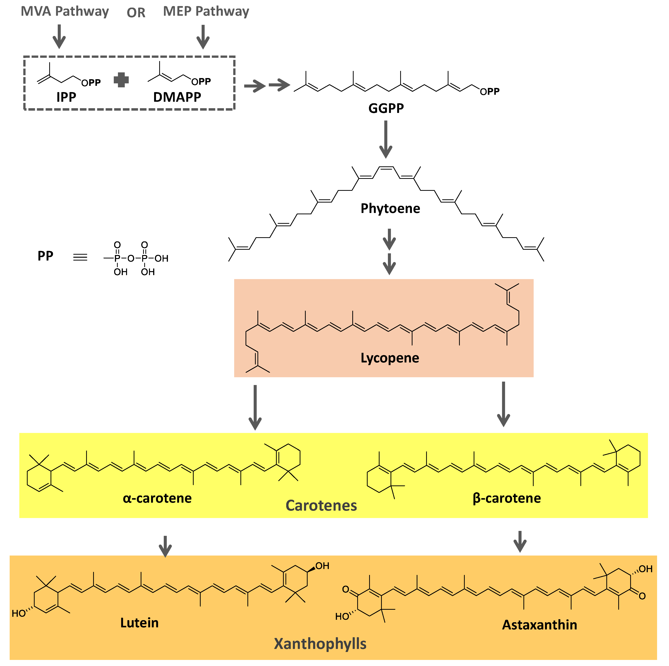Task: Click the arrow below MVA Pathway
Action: [59, 36]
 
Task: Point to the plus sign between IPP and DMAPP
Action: [121, 80]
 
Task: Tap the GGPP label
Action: [386, 108]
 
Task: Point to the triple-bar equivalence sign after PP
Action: [80, 257]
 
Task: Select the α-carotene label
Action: [157, 498]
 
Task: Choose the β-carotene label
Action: [507, 498]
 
